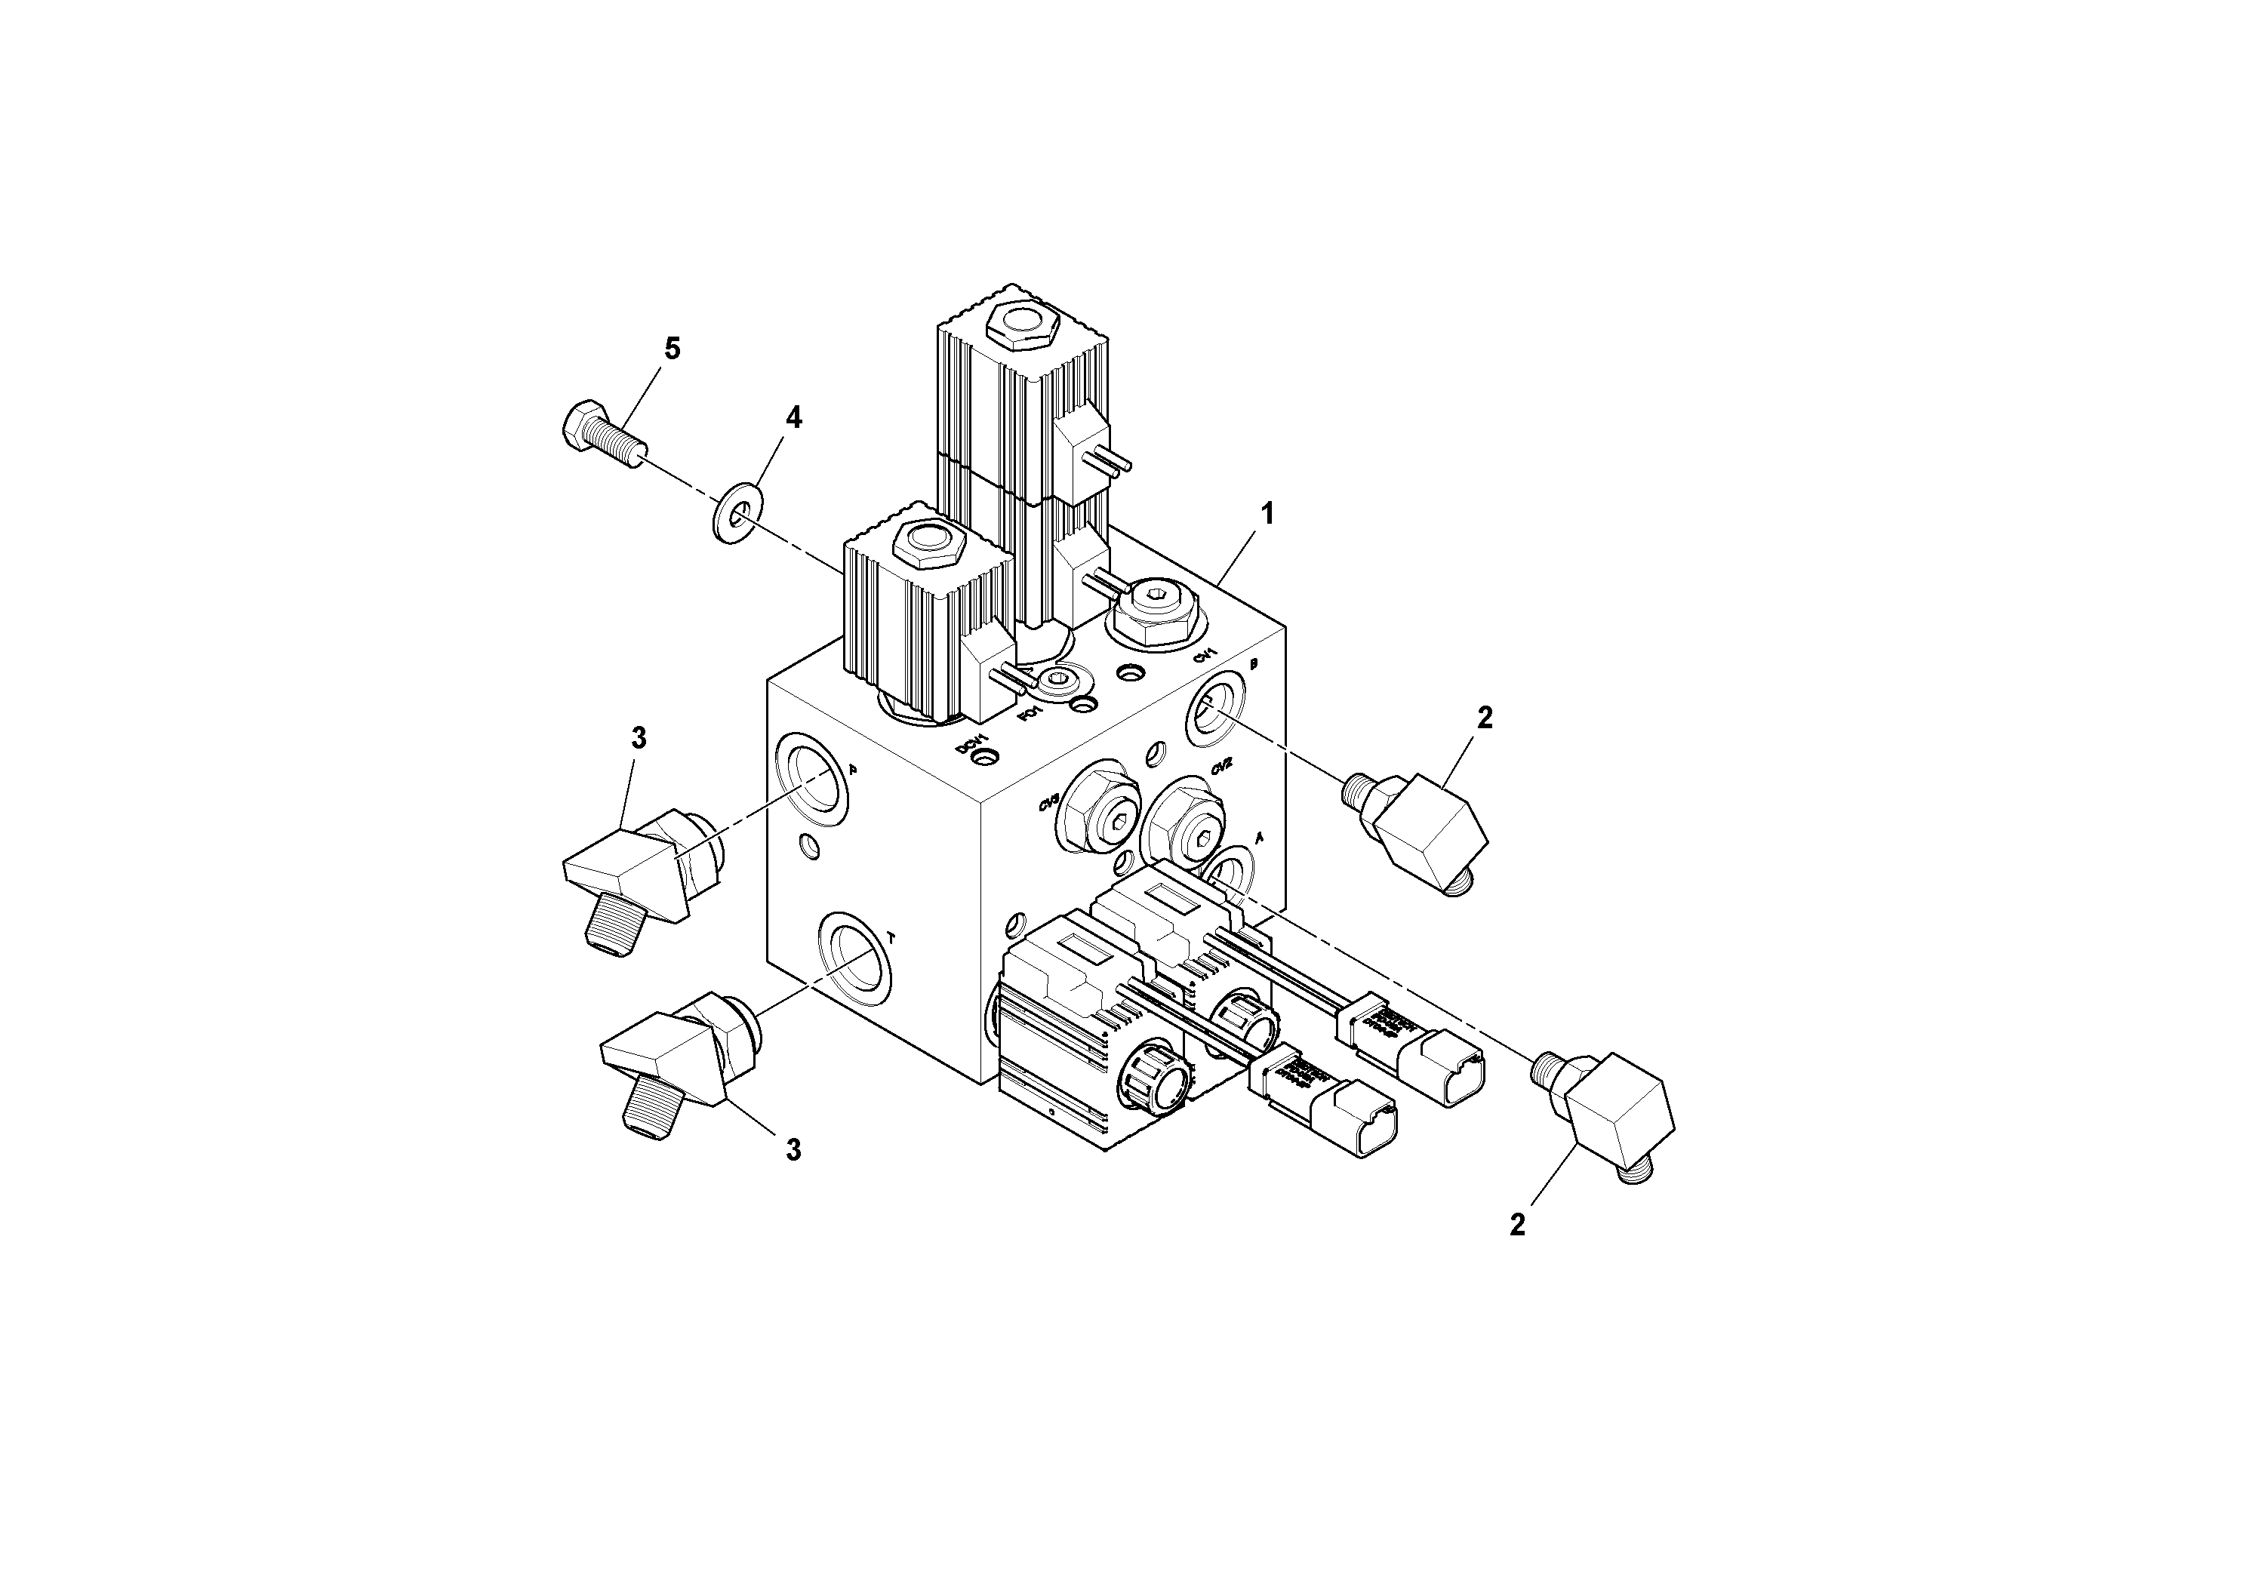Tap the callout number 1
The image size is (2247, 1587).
pyautogui.click(x=1267, y=512)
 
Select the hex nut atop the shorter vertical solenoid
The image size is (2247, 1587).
pyautogui.click(x=924, y=544)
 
